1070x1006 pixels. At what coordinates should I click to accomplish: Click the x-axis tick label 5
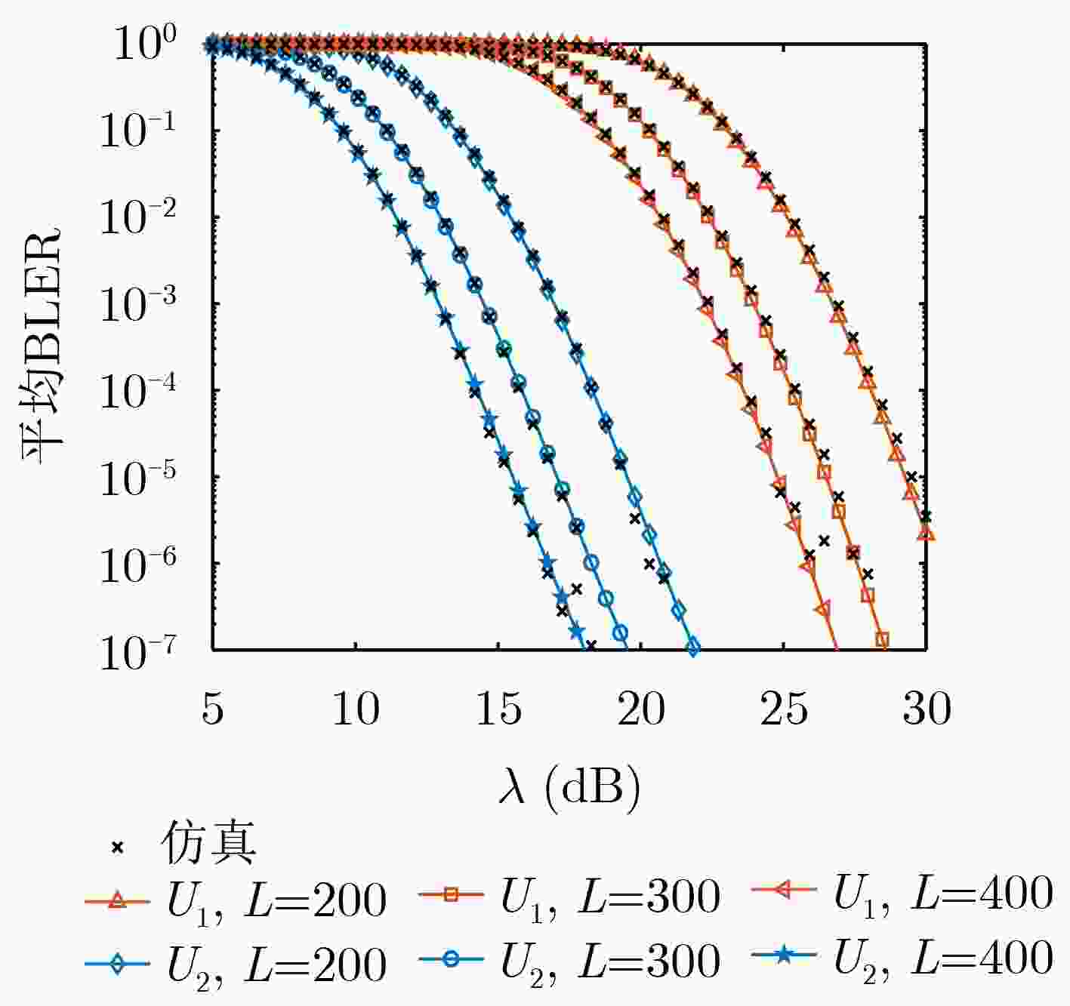tap(213, 709)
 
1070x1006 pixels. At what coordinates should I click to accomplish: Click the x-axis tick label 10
tap(356, 709)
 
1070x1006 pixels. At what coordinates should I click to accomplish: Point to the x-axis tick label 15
tap(498, 709)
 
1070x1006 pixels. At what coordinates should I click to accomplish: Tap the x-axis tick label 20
tap(641, 709)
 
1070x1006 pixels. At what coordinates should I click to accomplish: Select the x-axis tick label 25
tap(784, 709)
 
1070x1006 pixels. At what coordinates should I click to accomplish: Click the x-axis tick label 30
tap(927, 709)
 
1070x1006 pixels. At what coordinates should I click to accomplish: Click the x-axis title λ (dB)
tap(569, 787)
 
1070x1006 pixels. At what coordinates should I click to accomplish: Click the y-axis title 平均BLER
tap(42, 347)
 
